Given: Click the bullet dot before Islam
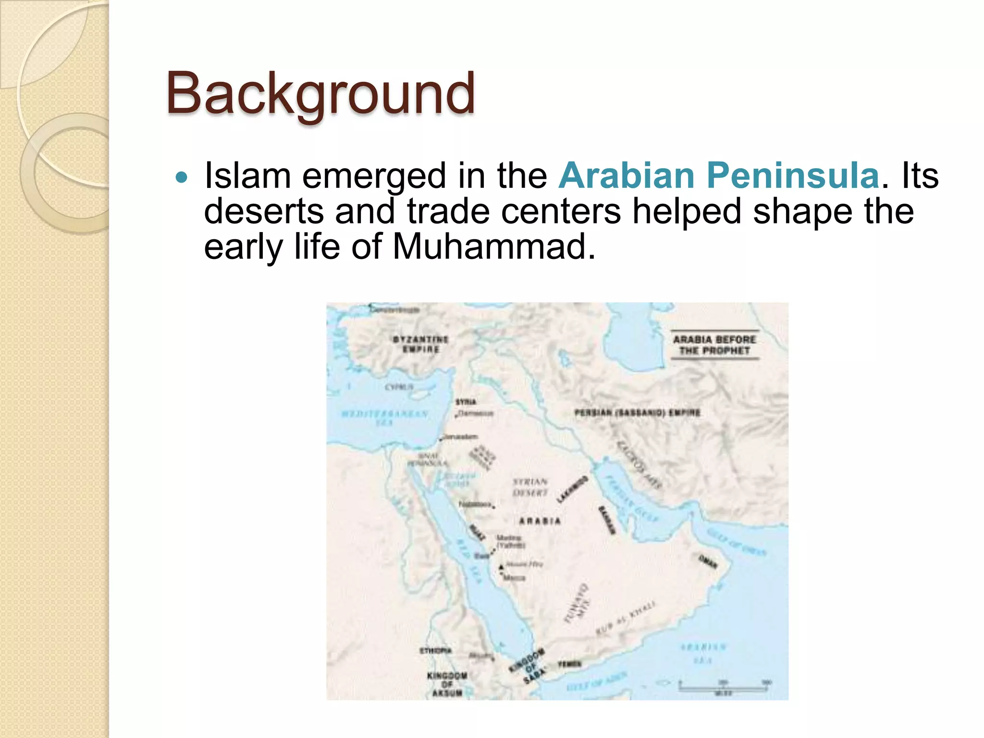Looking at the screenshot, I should tap(182, 178).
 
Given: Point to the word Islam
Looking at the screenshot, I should tap(247, 175).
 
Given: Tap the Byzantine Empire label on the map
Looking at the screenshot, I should tap(420, 344).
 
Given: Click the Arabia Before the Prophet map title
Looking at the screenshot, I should tap(714, 344).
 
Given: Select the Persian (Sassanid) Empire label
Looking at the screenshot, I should tap(637, 413).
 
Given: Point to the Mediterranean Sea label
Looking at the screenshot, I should tap(384, 418).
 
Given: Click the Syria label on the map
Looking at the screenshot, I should tap(466, 402).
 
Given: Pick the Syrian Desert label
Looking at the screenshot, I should tap(530, 487).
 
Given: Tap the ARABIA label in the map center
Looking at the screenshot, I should tap(540, 521).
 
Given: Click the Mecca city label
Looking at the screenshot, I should tap(514, 578).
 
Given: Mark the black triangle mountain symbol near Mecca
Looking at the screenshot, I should tap(501, 567).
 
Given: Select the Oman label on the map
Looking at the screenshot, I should tap(708, 561).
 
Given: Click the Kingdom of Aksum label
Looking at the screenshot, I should tap(447, 684).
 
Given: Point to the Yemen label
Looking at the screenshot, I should tap(569, 664).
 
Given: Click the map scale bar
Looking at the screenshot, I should tap(723, 687).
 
